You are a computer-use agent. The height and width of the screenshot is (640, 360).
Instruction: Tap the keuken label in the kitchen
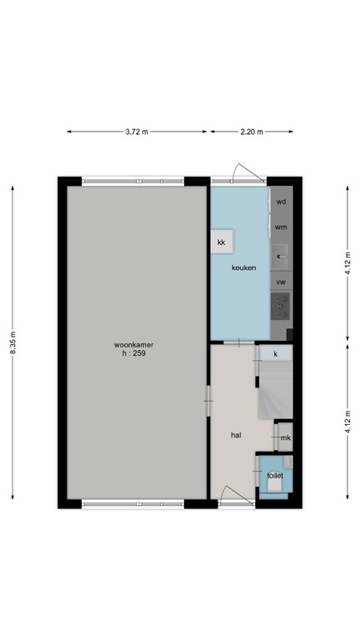pyautogui.click(x=243, y=267)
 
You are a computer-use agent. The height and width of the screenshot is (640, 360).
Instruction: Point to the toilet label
pyautogui.click(x=274, y=476)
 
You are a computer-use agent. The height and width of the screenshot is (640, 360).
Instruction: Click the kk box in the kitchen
pyautogui.click(x=222, y=242)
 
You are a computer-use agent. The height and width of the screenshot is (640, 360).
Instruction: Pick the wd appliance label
pyautogui.click(x=282, y=202)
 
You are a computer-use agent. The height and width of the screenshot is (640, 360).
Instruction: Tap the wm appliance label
pyautogui.click(x=282, y=227)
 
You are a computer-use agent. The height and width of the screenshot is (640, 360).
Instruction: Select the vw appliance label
pyautogui.click(x=282, y=282)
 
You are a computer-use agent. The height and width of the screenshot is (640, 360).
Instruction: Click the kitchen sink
pyautogui.click(x=282, y=254)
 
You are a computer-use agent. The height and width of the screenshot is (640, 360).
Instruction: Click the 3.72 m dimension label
pyautogui.click(x=137, y=132)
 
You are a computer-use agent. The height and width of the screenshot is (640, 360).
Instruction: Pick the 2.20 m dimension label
pyautogui.click(x=251, y=132)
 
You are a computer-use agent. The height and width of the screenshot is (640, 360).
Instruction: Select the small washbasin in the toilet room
pyautogui.click(x=287, y=462)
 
